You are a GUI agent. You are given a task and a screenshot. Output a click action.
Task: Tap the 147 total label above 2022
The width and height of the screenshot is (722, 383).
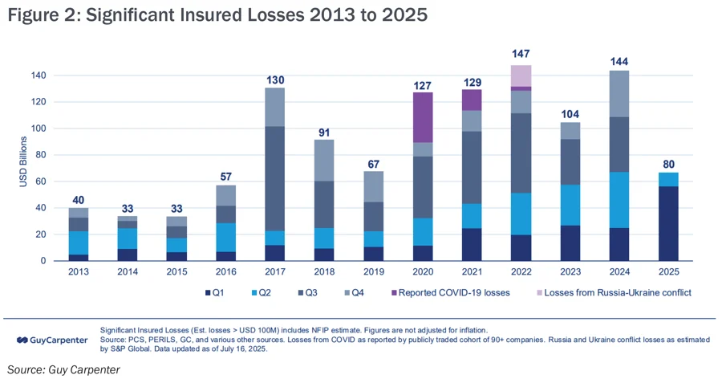click(521, 54)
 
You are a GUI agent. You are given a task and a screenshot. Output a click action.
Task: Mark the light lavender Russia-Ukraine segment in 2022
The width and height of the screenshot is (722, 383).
click(521, 75)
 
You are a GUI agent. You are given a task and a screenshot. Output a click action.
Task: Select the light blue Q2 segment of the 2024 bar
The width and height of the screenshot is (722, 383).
click(619, 200)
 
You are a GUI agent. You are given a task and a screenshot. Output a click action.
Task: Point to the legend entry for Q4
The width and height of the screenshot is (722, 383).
click(358, 292)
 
